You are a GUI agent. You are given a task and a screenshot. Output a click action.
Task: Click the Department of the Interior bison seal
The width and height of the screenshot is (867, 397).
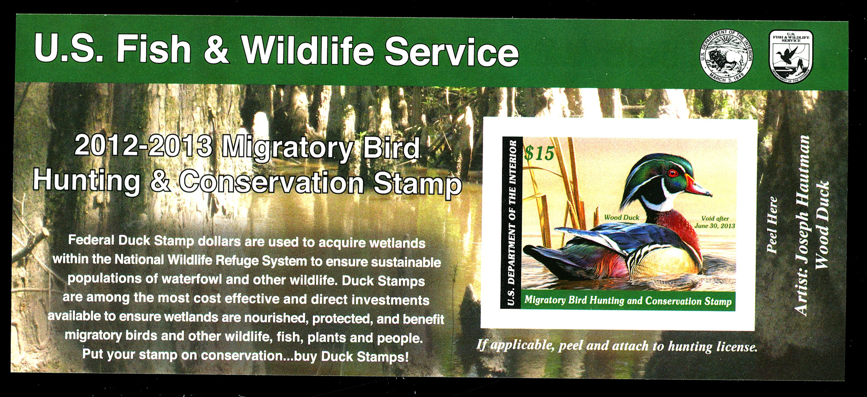click(726, 56)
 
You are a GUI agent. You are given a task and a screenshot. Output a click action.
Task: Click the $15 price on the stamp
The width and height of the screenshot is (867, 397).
click(539, 153)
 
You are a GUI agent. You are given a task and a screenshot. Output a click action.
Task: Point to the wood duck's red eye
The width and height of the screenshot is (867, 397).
click(673, 173)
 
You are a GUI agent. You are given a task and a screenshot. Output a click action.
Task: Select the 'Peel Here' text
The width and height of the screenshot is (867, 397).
click(773, 225)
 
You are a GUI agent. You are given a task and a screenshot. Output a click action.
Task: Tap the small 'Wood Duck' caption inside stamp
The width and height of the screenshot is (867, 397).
click(621, 217)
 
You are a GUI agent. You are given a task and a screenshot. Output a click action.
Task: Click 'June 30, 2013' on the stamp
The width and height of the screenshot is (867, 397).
click(715, 226)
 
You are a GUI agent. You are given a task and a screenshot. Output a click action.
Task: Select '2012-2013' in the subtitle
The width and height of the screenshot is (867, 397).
click(143, 145)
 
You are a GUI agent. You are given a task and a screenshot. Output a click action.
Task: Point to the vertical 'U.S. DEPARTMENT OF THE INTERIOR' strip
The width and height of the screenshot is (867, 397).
click(511, 222)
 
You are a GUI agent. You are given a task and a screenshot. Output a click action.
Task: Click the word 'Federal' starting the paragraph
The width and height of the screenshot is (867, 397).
click(91, 240)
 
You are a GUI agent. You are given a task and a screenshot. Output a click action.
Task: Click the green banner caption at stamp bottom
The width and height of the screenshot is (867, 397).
click(628, 301)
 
